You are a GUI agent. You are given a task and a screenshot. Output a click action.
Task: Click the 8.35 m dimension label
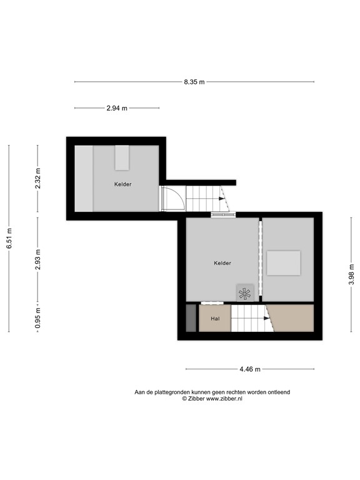pyautogui.click(x=194, y=82)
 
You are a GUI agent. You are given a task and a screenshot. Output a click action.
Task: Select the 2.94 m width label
pyautogui.click(x=117, y=108)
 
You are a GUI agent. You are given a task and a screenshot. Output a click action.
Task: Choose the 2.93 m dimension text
pyautogui.click(x=37, y=259)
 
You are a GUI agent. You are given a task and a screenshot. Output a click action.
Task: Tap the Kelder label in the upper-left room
pyautogui.click(x=123, y=184)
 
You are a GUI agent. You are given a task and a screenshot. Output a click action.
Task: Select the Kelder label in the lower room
pyautogui.click(x=222, y=263)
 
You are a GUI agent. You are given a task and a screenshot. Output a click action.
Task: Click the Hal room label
pyautogui.click(x=215, y=319)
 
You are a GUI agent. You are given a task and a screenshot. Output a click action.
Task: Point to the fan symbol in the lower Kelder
pyautogui.click(x=245, y=292)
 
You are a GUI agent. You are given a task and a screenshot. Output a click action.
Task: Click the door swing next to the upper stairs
pyautogui.click(x=172, y=199)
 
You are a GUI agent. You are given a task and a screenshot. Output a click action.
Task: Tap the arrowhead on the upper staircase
pyautogui.click(x=222, y=199)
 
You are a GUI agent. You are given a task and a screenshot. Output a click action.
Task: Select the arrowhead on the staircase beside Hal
pyautogui.click(x=267, y=318)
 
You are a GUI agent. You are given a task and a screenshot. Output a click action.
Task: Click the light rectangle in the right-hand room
pyautogui.click(x=284, y=262)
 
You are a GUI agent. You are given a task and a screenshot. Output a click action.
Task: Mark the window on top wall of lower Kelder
pyautogui.click(x=222, y=216)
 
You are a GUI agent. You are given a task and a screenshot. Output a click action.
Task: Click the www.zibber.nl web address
pyautogui.click(x=217, y=398)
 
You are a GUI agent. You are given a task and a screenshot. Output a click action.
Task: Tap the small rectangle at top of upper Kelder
pyautogui.click(x=122, y=157)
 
